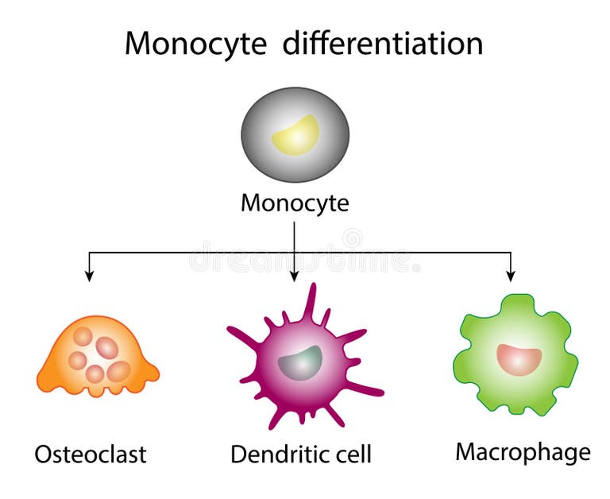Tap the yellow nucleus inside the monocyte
295,133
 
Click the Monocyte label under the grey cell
295,203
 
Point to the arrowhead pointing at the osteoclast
89,275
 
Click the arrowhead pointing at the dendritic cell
295,275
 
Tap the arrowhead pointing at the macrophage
511,275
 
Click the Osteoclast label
91,455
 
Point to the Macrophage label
523,452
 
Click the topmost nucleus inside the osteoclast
83,337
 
